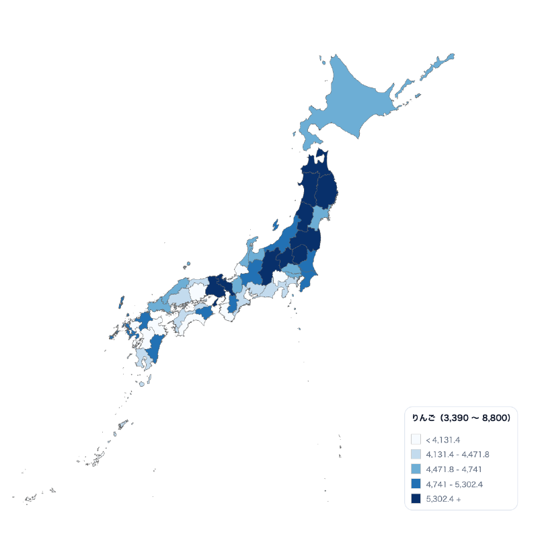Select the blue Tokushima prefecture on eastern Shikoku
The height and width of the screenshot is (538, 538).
tap(204, 313)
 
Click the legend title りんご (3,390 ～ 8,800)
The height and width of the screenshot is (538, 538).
tap(461, 418)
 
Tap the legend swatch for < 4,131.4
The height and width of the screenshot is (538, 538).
tap(416, 439)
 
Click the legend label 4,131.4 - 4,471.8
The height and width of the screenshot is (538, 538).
tap(457, 454)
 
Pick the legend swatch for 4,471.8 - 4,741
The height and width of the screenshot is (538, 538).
tap(416, 469)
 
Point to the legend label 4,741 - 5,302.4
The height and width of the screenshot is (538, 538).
tap(455, 484)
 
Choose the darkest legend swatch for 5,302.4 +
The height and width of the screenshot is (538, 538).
tap(416, 498)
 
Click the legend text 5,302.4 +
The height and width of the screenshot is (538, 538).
tap(443, 498)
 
